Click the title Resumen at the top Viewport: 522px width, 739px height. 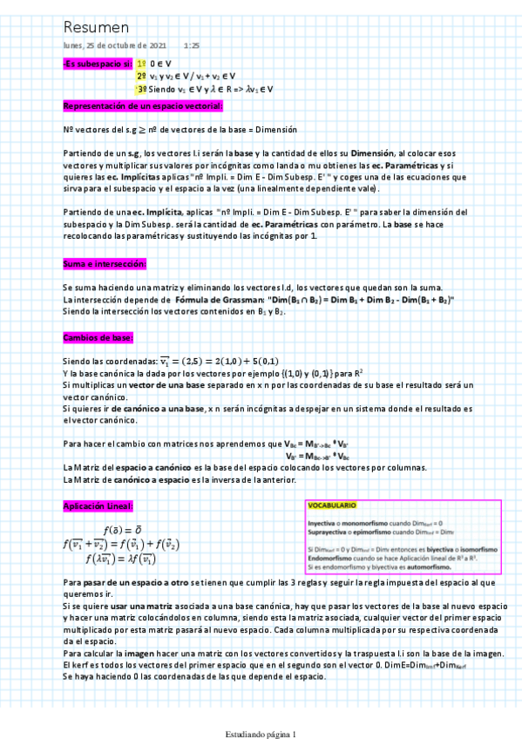[96, 28]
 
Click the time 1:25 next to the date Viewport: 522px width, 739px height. [192, 44]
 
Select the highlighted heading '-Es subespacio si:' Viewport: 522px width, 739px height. [97, 64]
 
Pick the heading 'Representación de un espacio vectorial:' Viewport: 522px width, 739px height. [142, 105]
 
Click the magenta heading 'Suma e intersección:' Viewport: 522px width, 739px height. [105, 263]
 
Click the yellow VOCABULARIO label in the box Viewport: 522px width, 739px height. [332, 505]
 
